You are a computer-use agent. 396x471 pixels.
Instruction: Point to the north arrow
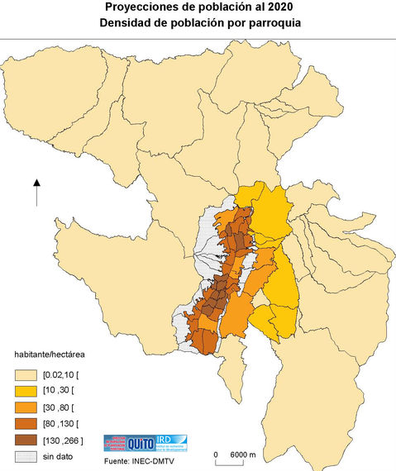pyautogui.click(x=37, y=193)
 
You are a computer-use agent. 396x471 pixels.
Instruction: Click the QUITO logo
pyautogui.click(x=137, y=443)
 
